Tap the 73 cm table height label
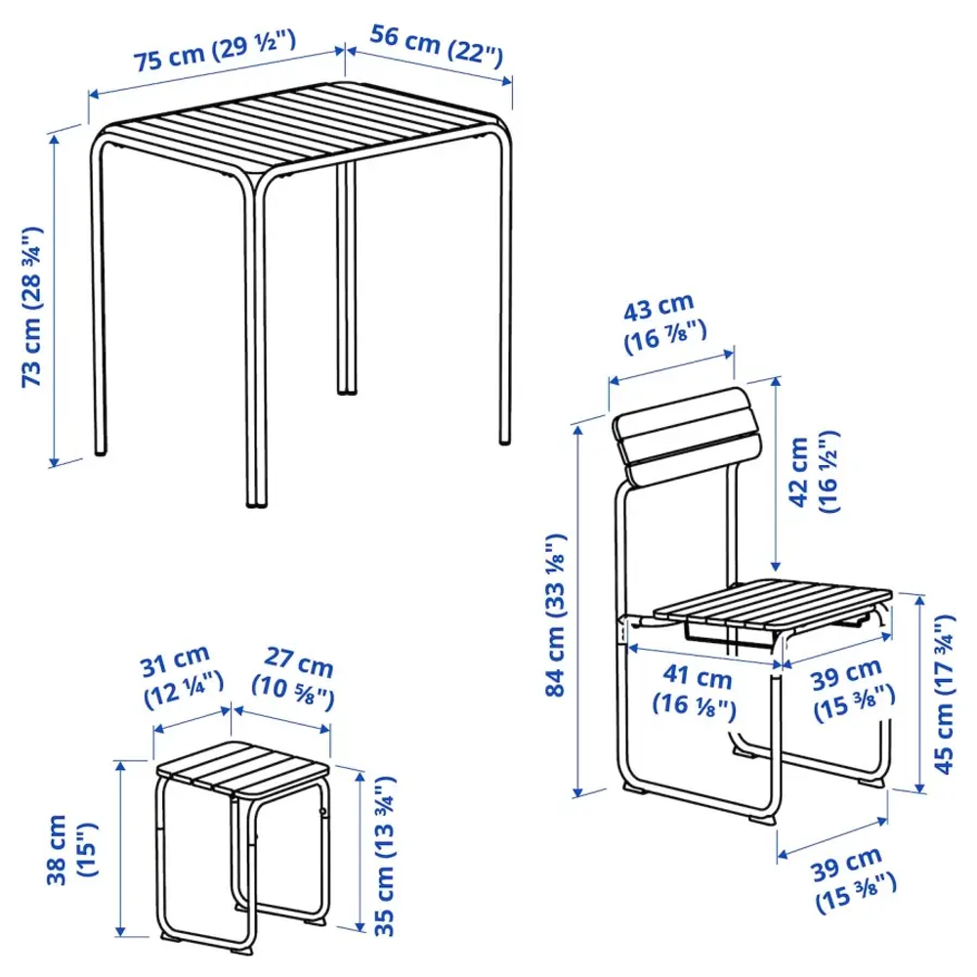click(34, 306)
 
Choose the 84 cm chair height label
click(554, 616)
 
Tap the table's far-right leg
click(505, 293)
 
